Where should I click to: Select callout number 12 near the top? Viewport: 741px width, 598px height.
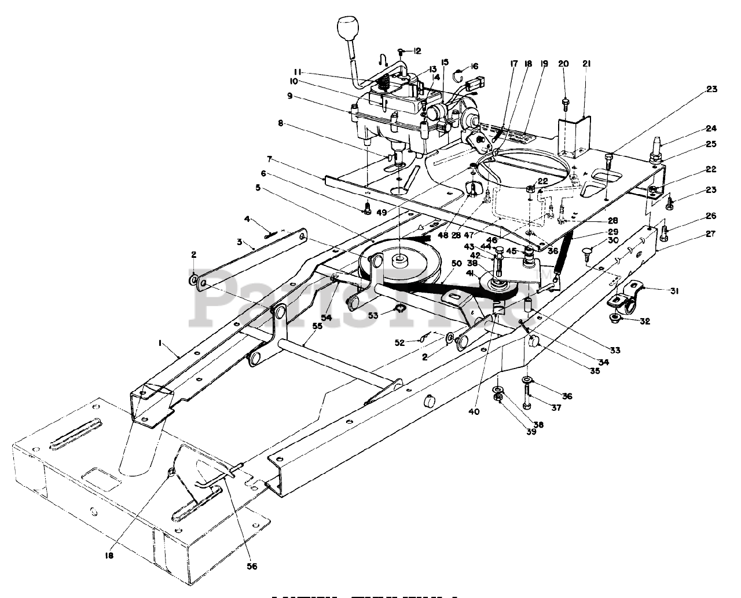point(417,51)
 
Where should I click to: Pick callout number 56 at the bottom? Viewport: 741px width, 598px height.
point(252,566)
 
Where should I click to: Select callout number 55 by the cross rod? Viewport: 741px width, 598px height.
point(317,326)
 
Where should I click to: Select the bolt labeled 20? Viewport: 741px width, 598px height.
point(564,103)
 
